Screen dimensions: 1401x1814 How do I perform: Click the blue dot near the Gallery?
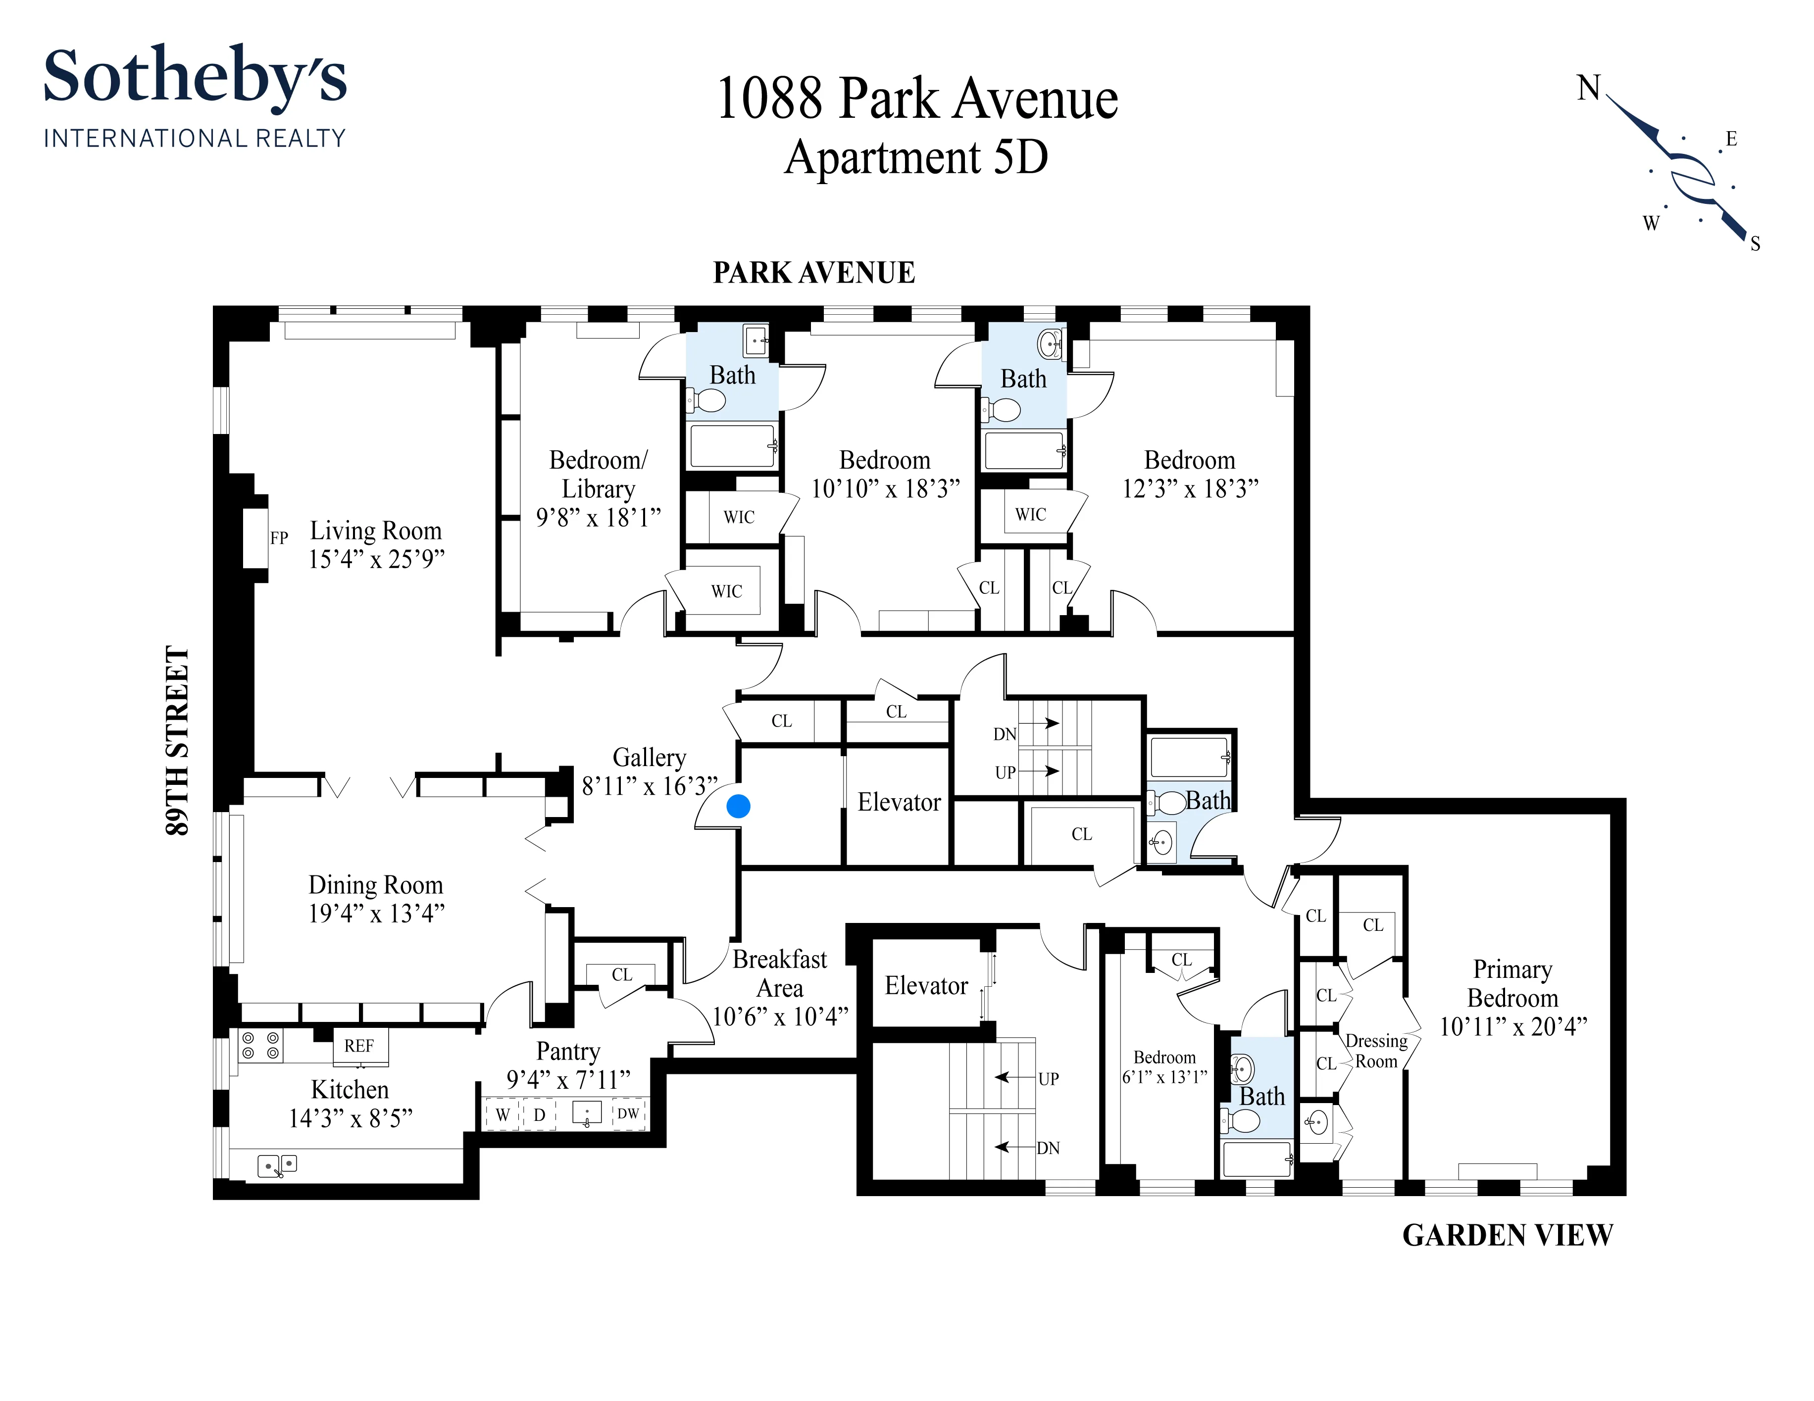click(x=738, y=806)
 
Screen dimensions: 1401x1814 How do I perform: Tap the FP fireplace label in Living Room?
click(x=279, y=538)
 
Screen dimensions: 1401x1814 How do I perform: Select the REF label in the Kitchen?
click(x=359, y=1046)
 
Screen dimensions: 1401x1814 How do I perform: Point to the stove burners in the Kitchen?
click(x=260, y=1046)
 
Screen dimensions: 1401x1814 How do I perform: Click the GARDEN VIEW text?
click(x=1508, y=1235)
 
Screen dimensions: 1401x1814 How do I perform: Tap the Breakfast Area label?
click(x=779, y=973)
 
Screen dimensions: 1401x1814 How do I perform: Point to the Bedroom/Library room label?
click(x=598, y=474)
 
